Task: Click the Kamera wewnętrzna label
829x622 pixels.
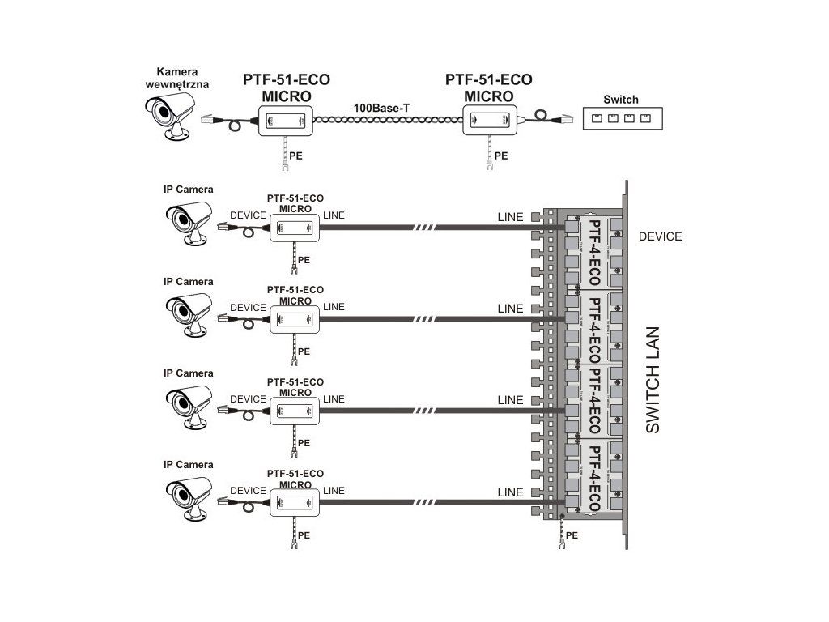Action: (176, 78)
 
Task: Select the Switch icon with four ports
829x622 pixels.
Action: (621, 118)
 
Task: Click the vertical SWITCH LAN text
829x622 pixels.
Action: (653, 380)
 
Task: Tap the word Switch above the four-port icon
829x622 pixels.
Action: (621, 100)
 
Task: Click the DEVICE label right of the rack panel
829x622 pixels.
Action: (660, 237)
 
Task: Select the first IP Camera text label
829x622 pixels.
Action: (188, 190)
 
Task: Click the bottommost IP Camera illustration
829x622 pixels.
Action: (189, 496)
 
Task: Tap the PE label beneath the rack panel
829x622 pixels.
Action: (572, 535)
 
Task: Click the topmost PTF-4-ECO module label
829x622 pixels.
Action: (593, 253)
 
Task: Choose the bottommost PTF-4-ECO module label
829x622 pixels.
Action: (593, 479)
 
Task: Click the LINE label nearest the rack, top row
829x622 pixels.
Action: (510, 216)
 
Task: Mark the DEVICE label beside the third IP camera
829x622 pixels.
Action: (248, 399)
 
